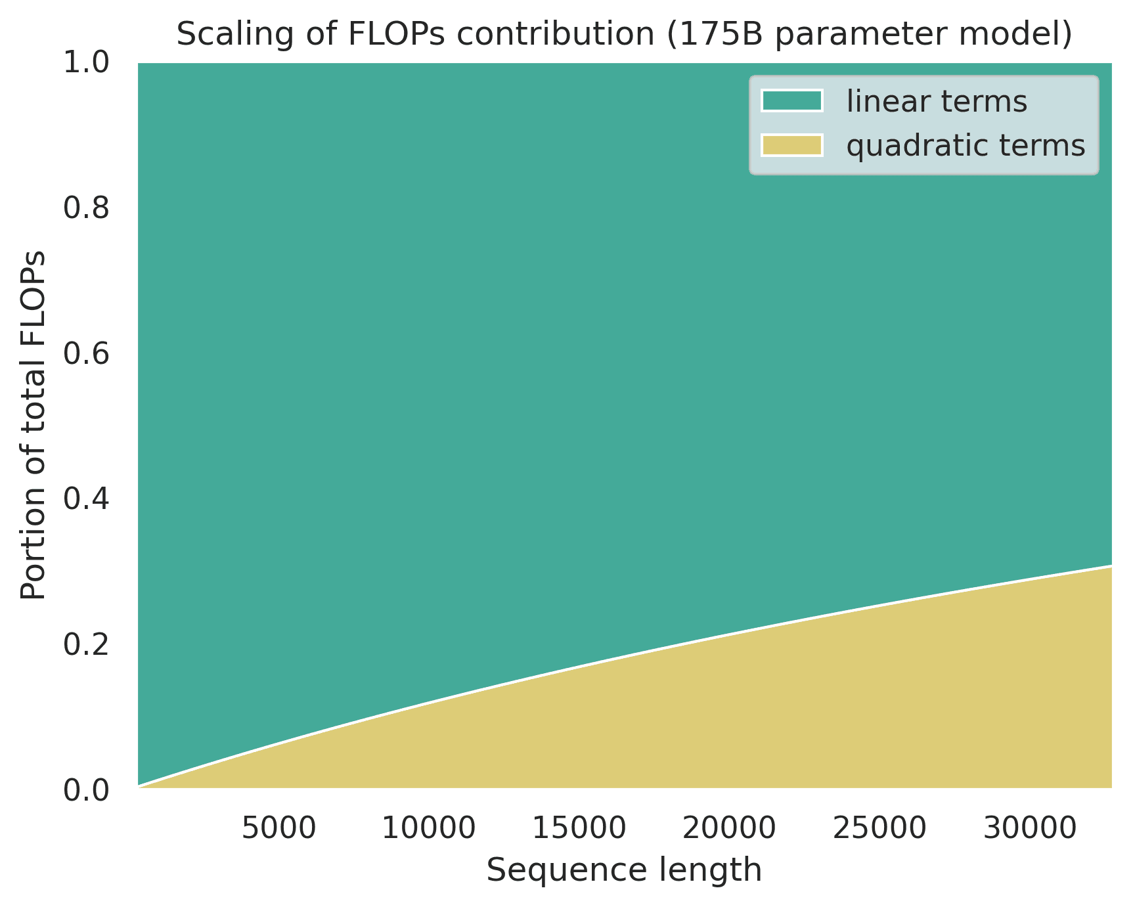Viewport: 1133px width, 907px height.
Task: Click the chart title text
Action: point(624,35)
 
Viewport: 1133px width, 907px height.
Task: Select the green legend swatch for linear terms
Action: point(791,101)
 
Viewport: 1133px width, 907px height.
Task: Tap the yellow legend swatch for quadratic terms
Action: point(791,145)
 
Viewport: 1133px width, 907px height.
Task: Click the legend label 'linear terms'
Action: point(937,102)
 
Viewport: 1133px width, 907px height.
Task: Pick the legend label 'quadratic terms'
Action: point(966,146)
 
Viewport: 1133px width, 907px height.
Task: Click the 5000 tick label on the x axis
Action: point(279,829)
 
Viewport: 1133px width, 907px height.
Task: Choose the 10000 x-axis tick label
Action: point(429,829)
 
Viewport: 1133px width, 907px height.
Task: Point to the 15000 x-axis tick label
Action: point(579,829)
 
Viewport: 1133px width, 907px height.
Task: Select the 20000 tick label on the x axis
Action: point(729,829)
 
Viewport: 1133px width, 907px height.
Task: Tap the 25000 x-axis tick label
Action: point(879,829)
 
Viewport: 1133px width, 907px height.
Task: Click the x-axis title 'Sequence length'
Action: point(624,871)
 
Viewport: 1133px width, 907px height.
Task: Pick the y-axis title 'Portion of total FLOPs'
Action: point(34,426)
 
